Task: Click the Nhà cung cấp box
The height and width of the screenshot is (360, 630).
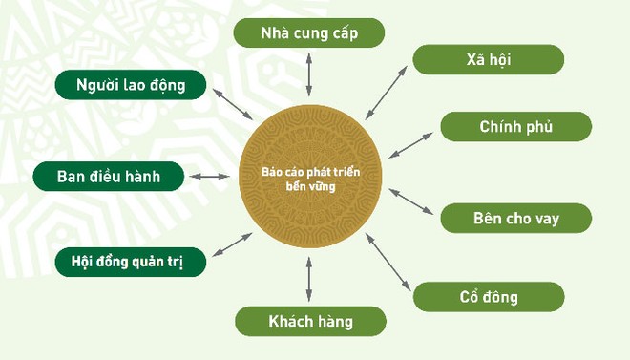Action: [x=309, y=33]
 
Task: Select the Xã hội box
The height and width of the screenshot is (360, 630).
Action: [x=488, y=59]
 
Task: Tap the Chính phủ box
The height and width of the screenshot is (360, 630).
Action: [x=515, y=126]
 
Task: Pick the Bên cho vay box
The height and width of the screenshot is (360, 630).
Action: [x=515, y=218]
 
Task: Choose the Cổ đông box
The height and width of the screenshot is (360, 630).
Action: [x=488, y=296]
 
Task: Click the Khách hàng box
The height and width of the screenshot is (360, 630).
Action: [x=309, y=321]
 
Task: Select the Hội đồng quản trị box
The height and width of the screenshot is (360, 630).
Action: [x=131, y=261]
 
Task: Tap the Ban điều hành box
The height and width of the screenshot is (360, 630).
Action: [x=107, y=177]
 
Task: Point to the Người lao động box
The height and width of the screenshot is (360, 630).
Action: [x=131, y=85]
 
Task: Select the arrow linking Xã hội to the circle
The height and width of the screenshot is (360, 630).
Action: [x=388, y=94]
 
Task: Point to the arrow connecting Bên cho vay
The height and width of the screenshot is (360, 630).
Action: [x=411, y=201]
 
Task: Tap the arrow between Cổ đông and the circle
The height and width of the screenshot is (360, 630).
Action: [x=389, y=261]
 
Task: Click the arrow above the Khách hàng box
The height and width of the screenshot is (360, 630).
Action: [x=309, y=281]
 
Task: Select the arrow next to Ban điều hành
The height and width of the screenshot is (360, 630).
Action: [x=210, y=177]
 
